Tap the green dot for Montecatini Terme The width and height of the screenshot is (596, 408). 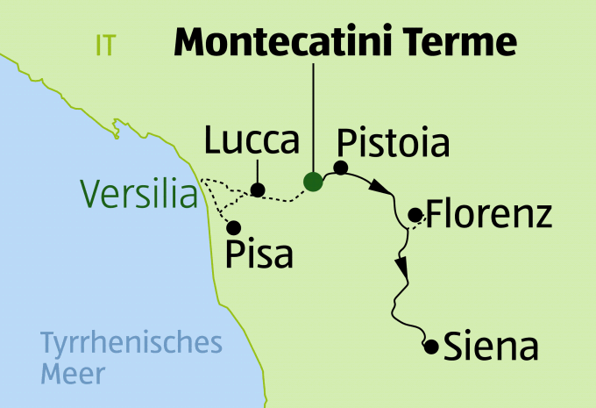312,182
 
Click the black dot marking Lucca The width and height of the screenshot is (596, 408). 257,189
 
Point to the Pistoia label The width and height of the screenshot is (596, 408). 393,143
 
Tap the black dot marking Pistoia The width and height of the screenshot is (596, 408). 341,168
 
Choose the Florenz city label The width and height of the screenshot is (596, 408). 488,213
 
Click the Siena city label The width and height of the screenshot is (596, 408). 491,347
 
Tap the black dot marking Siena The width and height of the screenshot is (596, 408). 430,347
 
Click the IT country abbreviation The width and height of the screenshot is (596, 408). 105,46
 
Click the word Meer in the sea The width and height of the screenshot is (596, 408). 73,375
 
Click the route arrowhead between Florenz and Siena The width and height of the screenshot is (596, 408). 402,267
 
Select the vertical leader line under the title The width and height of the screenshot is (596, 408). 312,114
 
